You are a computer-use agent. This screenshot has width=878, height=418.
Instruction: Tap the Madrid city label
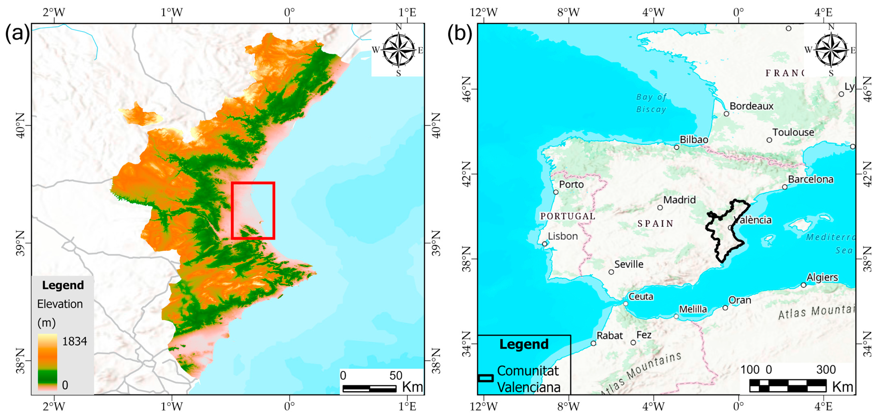(x=679, y=200)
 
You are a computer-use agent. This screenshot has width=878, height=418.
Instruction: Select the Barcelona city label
(x=811, y=179)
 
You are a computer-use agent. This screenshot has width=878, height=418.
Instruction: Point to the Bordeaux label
(x=751, y=106)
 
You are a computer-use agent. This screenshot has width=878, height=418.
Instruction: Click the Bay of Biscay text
(x=651, y=103)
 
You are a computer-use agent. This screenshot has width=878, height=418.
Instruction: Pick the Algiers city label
(x=822, y=277)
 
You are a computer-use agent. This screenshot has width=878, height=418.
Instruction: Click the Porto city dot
(x=556, y=192)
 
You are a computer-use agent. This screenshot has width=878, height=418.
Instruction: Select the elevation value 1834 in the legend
(x=74, y=341)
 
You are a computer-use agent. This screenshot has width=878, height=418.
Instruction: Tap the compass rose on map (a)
(x=398, y=50)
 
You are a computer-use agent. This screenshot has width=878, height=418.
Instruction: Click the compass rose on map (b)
(x=831, y=50)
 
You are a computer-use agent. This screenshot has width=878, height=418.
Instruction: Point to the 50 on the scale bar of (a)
(x=396, y=376)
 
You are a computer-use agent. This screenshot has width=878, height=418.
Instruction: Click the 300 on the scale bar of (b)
(x=826, y=370)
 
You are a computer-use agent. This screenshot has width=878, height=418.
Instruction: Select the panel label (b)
(x=459, y=34)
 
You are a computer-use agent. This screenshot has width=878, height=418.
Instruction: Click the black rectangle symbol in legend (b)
(x=486, y=378)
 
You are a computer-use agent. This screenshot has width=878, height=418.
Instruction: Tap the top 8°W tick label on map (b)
(x=568, y=13)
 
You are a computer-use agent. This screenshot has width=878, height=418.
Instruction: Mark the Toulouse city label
(x=793, y=133)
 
